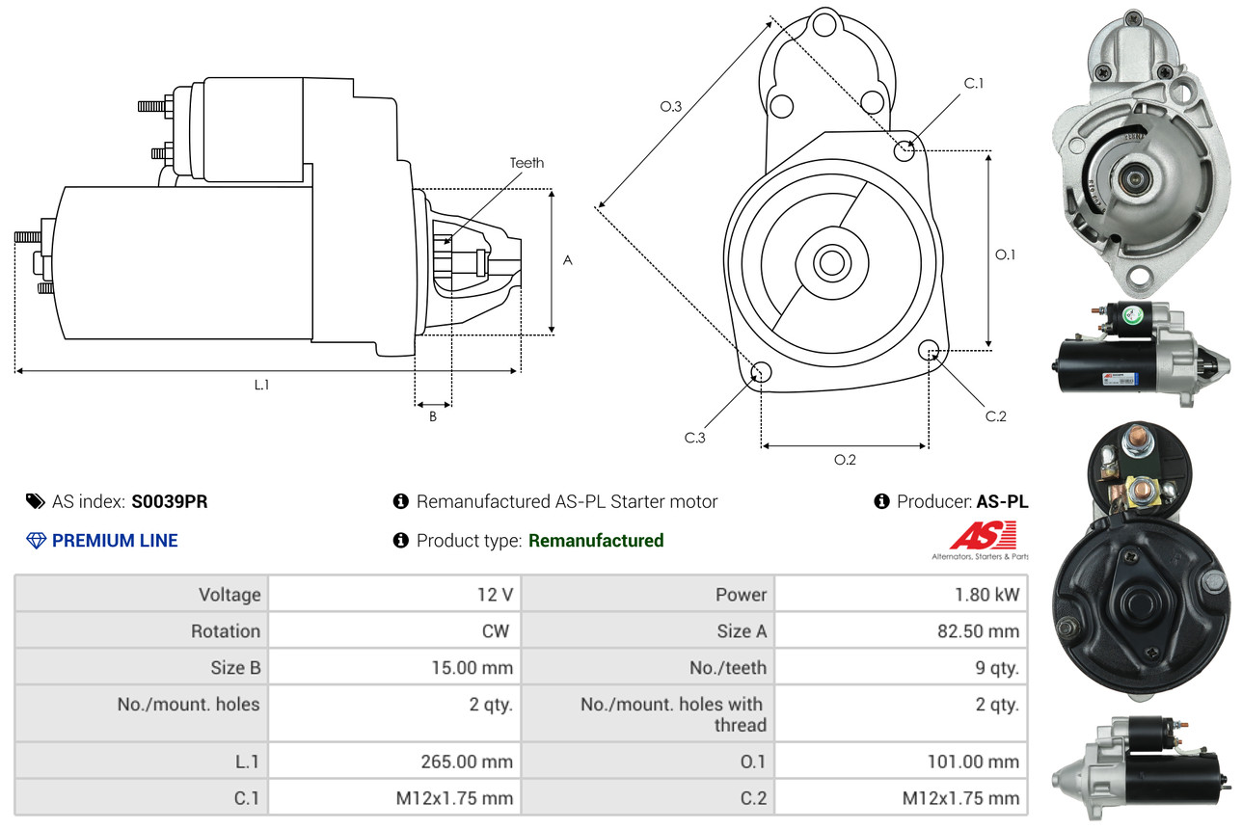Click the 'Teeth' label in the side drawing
[x=526, y=163]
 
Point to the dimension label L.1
[x=261, y=385]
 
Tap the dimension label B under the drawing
[x=433, y=416]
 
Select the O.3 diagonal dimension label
[x=671, y=107]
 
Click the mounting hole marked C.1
[x=904, y=150]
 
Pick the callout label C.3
[x=695, y=438]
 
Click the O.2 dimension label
[x=845, y=460]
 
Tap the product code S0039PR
[x=170, y=501]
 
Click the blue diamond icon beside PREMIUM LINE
[x=36, y=541]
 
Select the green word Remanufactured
[x=596, y=541]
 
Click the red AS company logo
[x=983, y=536]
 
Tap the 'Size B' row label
[x=235, y=667]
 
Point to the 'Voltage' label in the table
[x=229, y=595]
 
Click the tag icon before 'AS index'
[x=35, y=501]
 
